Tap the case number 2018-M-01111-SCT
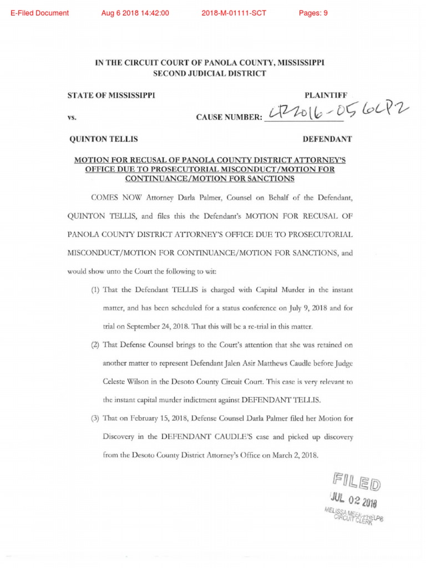point(234,13)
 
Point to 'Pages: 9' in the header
point(313,13)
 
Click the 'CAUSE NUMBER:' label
point(229,118)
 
